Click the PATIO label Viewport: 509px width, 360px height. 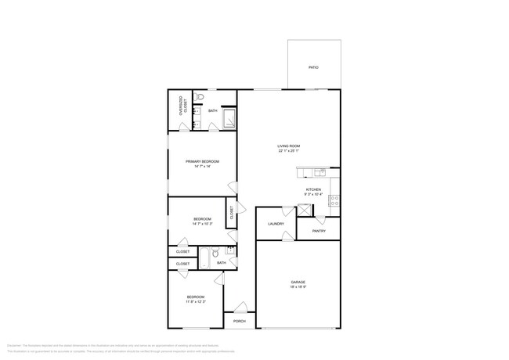[313, 67]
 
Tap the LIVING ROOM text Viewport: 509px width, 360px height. [289, 146]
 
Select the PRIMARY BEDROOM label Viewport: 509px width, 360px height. [202, 161]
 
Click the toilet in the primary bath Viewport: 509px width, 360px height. [200, 98]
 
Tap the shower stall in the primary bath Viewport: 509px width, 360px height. [230, 120]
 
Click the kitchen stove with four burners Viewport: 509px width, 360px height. [334, 199]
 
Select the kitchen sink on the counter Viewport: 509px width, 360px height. [319, 173]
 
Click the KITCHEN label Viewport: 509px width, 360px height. [313, 189]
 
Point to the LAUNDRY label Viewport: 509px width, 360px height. [276, 224]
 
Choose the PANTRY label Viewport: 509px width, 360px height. [319, 231]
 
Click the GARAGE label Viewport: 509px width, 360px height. [298, 282]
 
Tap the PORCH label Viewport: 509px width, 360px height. [240, 321]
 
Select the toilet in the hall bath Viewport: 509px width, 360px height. [215, 253]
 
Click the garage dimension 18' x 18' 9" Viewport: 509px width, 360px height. [298, 287]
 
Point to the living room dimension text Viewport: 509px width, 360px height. [289, 151]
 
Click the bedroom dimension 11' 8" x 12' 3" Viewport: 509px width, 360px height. [195, 301]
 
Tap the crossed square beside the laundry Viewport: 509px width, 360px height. [304, 210]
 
